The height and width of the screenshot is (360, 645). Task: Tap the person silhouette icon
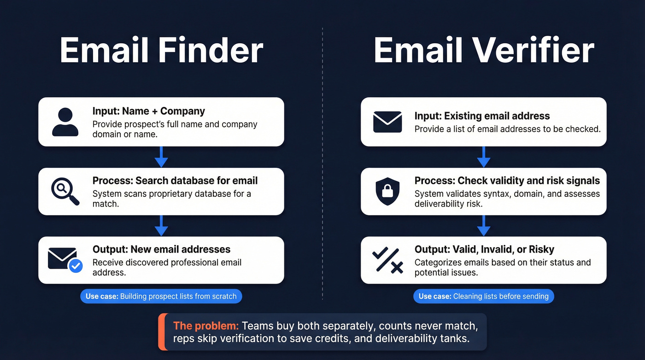coord(65,122)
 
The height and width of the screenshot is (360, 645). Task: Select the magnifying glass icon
coord(65,191)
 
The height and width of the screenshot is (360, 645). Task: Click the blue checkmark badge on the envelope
coord(75,266)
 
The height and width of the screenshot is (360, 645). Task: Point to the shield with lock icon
coord(387,192)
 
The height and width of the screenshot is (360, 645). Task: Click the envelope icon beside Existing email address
coord(387,122)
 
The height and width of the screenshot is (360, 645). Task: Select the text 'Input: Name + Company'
coord(148,111)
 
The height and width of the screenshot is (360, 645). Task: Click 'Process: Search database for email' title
coord(175,181)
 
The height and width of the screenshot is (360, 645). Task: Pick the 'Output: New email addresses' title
coord(161,249)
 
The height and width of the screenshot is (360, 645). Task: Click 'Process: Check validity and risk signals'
coord(507,181)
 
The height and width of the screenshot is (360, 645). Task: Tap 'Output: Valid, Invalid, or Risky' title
coord(484,249)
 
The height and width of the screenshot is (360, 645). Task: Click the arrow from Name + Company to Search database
coord(161,157)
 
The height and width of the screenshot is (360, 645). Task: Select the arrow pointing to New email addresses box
coord(161,225)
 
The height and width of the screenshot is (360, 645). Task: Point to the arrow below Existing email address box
coord(483,157)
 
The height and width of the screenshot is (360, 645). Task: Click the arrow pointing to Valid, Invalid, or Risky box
coord(483,225)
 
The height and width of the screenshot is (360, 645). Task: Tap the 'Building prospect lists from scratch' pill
coord(161,296)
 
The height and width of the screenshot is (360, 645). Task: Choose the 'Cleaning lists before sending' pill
coord(483,296)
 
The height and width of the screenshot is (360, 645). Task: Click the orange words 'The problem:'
coord(205,326)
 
